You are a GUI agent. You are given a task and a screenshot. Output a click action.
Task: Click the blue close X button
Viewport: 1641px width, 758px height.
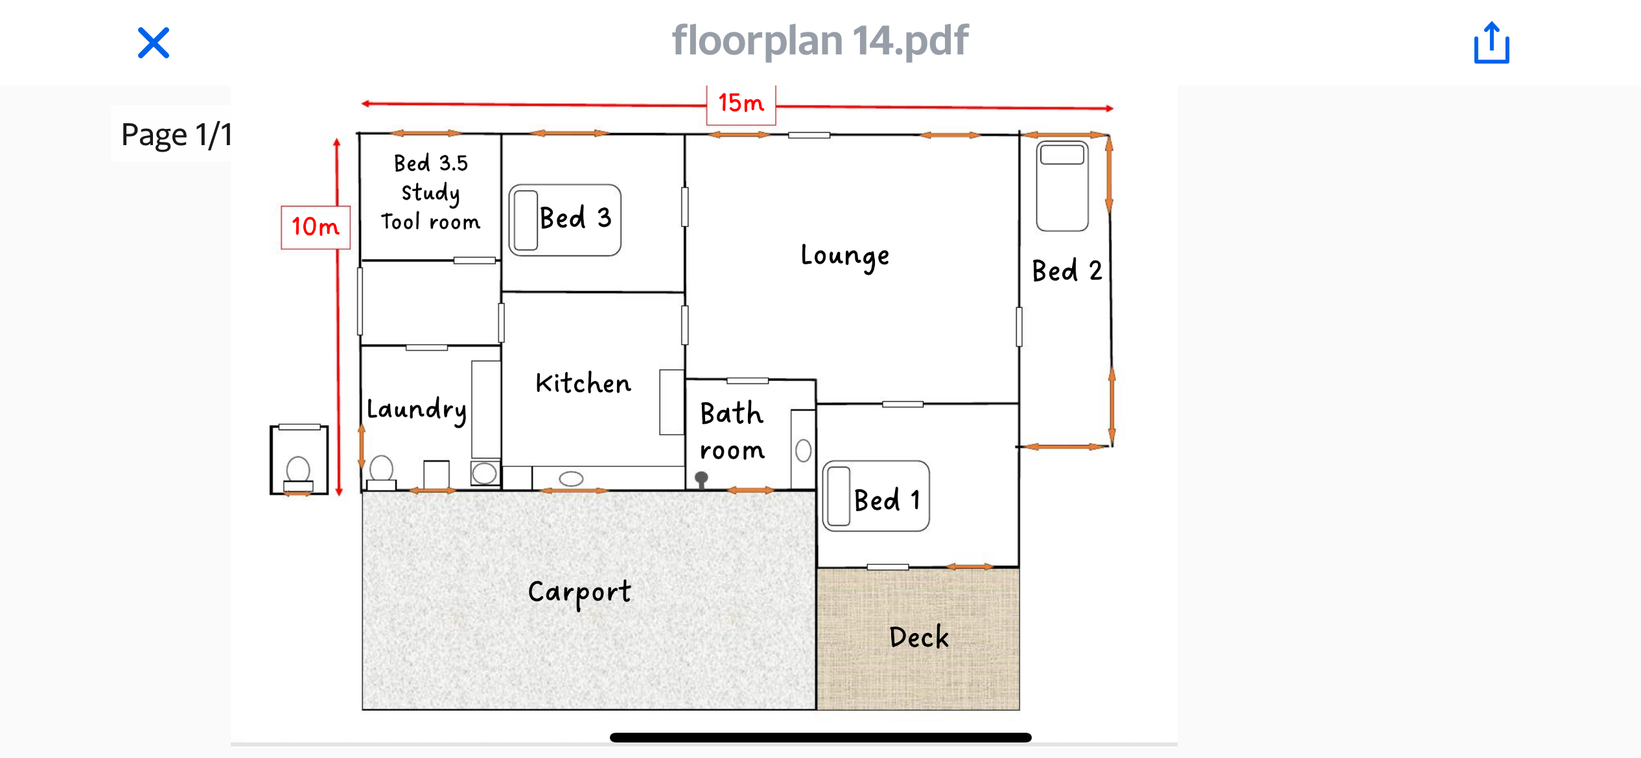pos(154,43)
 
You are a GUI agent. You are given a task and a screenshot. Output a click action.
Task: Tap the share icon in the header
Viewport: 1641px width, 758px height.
pos(1491,43)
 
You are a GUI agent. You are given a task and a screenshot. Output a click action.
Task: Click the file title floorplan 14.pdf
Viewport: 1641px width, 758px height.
pos(820,41)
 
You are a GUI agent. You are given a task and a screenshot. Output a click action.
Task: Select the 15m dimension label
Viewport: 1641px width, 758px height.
pos(741,104)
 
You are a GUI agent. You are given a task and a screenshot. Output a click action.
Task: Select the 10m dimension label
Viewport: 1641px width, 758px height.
pos(316,227)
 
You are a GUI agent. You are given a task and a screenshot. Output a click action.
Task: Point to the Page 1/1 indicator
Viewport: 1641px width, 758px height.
pos(176,135)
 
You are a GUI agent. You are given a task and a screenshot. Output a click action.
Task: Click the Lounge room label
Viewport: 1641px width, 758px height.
pos(845,257)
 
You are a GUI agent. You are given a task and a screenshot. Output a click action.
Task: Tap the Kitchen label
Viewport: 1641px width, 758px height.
pos(583,384)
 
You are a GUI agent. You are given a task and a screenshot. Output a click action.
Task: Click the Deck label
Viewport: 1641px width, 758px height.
pos(919,637)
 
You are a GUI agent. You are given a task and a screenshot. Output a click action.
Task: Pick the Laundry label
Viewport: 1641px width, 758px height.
pos(417,410)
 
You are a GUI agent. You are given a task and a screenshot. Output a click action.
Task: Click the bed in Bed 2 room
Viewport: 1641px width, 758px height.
pos(1062,186)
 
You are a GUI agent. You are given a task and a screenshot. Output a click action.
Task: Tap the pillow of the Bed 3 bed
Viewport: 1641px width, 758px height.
pos(526,220)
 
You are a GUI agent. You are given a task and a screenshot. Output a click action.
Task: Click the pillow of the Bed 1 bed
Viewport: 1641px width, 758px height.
pos(839,496)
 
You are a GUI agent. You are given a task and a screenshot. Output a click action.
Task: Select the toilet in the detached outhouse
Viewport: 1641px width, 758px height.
pos(298,474)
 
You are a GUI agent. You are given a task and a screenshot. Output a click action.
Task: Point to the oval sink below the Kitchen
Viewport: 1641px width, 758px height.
pos(571,479)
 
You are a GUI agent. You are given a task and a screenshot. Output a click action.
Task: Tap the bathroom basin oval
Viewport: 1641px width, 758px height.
pos(803,450)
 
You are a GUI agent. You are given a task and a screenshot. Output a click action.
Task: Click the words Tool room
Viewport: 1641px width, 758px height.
pos(431,222)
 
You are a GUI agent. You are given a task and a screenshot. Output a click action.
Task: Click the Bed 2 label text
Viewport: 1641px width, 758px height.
pos(1067,271)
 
